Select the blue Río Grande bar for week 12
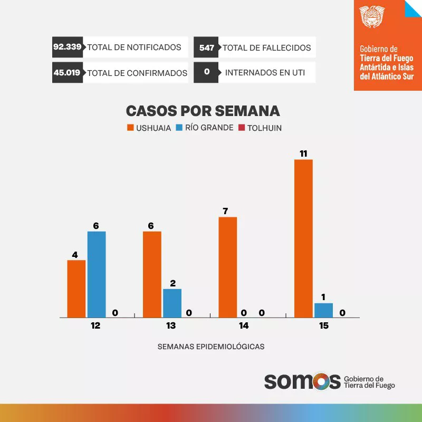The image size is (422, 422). click(x=97, y=274)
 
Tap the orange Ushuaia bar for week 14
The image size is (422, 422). click(x=227, y=267)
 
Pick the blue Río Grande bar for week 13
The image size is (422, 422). click(x=172, y=303)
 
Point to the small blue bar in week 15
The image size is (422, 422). click(x=323, y=310)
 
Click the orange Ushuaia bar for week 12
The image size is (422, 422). click(x=76, y=289)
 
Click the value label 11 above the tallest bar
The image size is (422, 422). click(x=303, y=154)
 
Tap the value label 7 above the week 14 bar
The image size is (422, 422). click(x=225, y=211)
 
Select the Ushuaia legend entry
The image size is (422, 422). click(x=149, y=128)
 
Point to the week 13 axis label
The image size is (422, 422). click(x=171, y=326)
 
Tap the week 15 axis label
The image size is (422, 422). click(x=323, y=326)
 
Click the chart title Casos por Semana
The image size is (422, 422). click(x=203, y=111)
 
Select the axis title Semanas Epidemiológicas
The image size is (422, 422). click(x=211, y=347)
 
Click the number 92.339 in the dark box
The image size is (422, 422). click(x=68, y=47)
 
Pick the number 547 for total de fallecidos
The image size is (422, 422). click(x=207, y=47)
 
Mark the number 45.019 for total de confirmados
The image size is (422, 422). click(x=67, y=73)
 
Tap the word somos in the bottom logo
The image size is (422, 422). click(x=302, y=381)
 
